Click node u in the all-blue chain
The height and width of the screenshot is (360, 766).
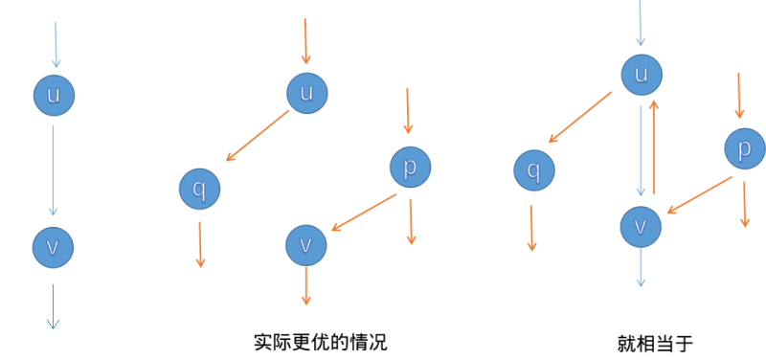coord(54,95)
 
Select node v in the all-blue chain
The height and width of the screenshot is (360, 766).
coord(53,247)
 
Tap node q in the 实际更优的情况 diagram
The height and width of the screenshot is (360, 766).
coord(199,189)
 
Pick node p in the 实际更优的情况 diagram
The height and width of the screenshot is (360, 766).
coord(411,167)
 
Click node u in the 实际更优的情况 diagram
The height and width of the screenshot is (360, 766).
coord(306,93)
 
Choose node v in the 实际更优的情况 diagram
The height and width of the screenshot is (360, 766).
coord(305,245)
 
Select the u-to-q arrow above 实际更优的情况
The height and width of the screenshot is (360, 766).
coord(258,136)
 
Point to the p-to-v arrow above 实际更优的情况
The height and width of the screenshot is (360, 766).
coord(364,213)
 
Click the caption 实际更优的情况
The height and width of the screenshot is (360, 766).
coord(321,342)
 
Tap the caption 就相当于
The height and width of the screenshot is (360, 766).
coord(655,344)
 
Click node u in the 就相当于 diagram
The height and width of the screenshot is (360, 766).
coord(642,75)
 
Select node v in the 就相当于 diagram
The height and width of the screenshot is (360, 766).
coord(641,227)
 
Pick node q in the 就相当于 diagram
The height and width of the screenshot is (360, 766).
coord(534,170)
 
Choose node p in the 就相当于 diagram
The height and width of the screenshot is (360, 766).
coord(745,148)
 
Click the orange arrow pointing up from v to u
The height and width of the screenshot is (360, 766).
coord(654,146)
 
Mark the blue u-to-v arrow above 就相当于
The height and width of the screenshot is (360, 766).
coord(641,150)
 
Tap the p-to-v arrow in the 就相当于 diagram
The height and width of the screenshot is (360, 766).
coord(700,195)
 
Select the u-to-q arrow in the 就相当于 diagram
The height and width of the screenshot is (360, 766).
coord(580,117)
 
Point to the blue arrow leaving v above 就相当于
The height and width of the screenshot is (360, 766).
coord(641,267)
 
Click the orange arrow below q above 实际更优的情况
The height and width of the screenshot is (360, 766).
coord(200,245)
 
